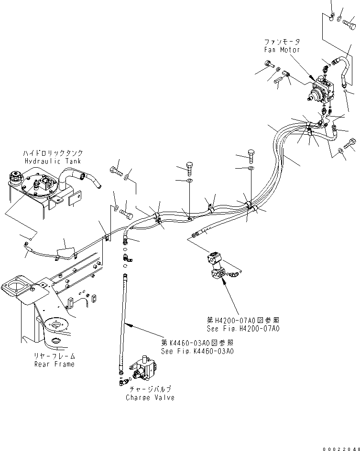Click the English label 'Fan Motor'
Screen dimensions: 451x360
pyautogui.click(x=282, y=50)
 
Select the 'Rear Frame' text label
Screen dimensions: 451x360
pyautogui.click(x=54, y=364)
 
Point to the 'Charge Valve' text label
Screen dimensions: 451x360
pyautogui.click(x=150, y=397)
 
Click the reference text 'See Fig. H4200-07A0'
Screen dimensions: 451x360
pyautogui.click(x=243, y=329)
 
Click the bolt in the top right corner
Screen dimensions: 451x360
pyautogui.click(x=349, y=21)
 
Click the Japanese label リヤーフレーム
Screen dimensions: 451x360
pyautogui.click(x=54, y=356)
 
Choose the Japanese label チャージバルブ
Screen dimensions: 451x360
pyautogui.click(x=150, y=390)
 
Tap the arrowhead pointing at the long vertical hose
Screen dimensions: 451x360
pyautogui.click(x=127, y=324)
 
